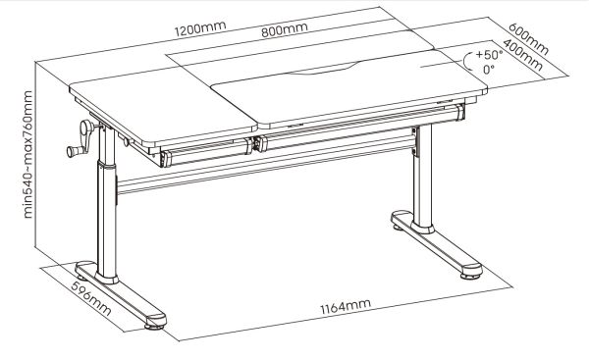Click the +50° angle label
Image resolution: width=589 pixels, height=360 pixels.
(x=488, y=56)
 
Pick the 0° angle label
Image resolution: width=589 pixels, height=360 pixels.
(x=489, y=71)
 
